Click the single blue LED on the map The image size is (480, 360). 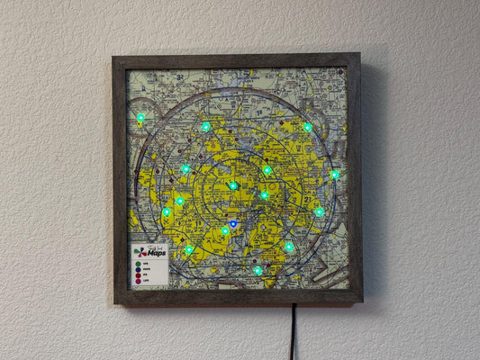click(233, 223)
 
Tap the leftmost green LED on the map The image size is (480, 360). click(140, 118)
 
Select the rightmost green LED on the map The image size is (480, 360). click(335, 175)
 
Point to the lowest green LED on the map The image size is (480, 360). click(258, 270)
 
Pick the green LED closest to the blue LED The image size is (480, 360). click(225, 230)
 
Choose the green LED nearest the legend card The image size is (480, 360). click(189, 249)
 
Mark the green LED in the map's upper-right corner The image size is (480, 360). click(307, 127)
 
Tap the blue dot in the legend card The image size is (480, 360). click(138, 268)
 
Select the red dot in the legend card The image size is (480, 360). click(138, 274)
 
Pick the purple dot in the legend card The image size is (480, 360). click(138, 281)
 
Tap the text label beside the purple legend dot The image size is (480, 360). click(146, 281)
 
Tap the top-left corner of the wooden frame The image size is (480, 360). click(114, 57)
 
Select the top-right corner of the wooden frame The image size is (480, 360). click(358, 55)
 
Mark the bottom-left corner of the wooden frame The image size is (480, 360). click(116, 303)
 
